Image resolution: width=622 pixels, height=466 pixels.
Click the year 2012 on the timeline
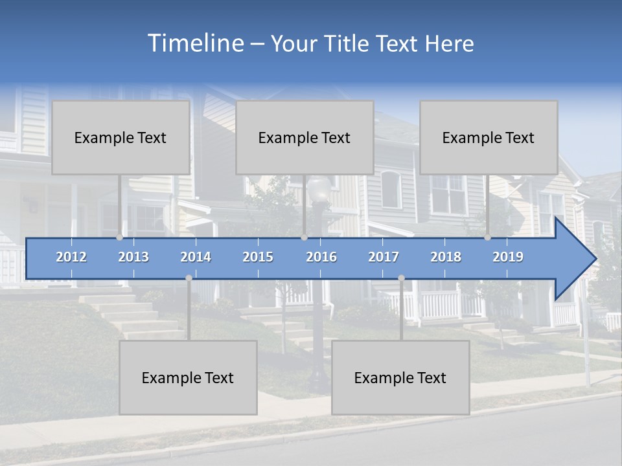coord(71,257)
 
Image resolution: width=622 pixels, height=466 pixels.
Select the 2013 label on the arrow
coord(133,257)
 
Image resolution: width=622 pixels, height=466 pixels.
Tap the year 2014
coord(196,257)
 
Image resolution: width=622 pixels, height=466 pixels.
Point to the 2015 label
coord(258,257)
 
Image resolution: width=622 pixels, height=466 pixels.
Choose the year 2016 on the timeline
coord(321,257)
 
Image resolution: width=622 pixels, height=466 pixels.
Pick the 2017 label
coord(384,257)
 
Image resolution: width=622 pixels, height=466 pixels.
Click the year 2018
coord(446,257)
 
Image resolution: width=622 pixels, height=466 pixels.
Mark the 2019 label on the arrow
coord(508,257)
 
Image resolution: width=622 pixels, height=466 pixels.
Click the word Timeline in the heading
coord(195,43)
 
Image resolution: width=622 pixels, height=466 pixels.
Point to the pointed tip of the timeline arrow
coord(595,259)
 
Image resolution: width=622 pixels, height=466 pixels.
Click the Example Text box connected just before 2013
coord(121,137)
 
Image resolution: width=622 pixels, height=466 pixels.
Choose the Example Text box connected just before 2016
coord(305,137)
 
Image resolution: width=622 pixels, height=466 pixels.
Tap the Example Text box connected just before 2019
coord(489,137)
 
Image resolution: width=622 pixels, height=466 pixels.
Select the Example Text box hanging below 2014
coord(188,377)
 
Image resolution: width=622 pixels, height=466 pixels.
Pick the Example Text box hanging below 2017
coord(400,377)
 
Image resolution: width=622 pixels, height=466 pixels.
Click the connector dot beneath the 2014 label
coord(189,278)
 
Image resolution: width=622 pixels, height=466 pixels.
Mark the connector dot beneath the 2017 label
coord(401,278)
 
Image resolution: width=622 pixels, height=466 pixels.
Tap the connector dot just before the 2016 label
coord(304,238)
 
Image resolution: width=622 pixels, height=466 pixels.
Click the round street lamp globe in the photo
coord(318,189)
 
